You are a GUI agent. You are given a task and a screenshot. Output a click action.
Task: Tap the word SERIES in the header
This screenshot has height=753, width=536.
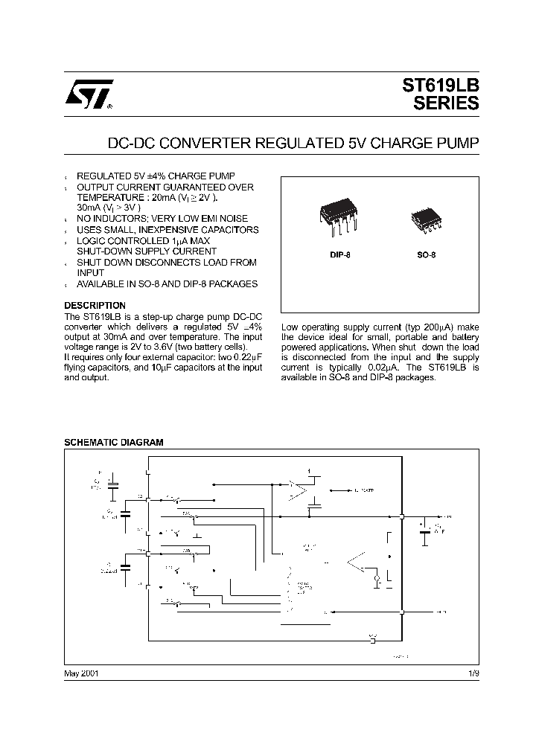446,105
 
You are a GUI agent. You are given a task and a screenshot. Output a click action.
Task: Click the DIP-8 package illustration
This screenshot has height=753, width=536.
339,214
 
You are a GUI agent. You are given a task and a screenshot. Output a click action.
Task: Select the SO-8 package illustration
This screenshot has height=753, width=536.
424,218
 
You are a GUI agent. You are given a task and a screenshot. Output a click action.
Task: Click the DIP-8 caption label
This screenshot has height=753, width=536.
339,254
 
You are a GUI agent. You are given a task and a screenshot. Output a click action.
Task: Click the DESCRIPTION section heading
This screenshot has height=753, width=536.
95,306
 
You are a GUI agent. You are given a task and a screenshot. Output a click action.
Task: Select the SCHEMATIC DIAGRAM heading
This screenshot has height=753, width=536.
114,442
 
